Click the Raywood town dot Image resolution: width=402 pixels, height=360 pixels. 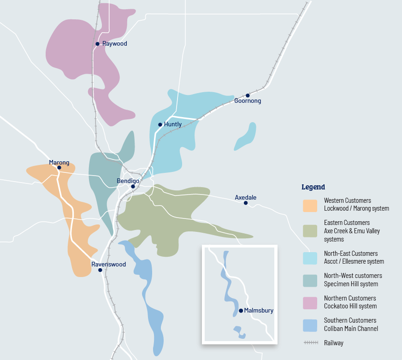tap(97, 44)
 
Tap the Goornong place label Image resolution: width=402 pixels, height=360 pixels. tap(248, 101)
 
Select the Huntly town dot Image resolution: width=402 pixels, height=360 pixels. tap(160, 124)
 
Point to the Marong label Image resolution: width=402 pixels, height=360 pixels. tap(59, 162)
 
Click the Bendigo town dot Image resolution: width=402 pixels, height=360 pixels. tap(133, 187)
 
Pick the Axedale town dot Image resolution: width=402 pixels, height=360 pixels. tap(246, 203)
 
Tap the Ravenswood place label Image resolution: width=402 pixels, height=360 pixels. tap(108, 264)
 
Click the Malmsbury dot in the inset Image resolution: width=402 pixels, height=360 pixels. tap(241, 311)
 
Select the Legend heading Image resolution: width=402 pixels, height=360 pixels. tap(313, 187)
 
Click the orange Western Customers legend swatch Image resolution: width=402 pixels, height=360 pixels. tap(310, 206)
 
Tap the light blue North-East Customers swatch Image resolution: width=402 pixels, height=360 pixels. tap(310, 258)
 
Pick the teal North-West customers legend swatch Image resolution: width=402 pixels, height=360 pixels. tap(310, 280)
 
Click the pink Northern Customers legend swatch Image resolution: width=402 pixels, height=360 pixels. tap(310, 302)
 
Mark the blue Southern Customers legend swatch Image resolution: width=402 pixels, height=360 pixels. tap(310, 325)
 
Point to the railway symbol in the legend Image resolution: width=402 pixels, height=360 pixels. tap(310, 343)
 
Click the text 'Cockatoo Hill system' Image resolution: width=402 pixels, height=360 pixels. tap(350, 306)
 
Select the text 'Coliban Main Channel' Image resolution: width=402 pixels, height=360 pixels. tap(351, 329)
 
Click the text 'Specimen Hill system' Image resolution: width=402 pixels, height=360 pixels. tap(351, 284)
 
